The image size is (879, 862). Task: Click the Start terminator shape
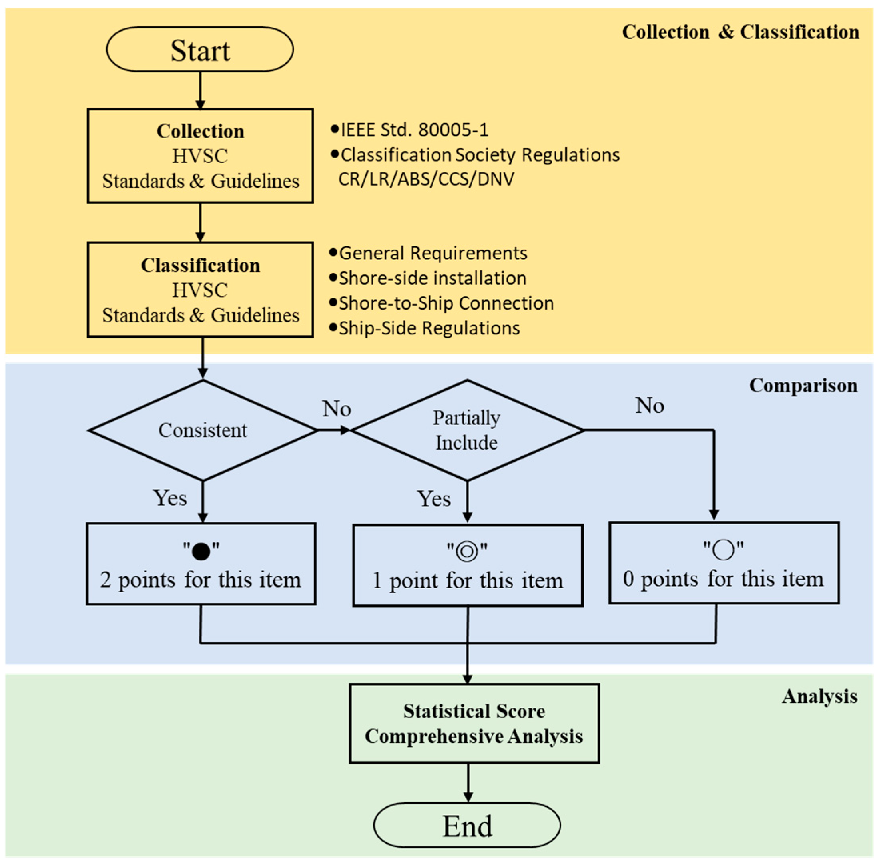coord(199,49)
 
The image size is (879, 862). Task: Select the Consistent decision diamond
coord(203,430)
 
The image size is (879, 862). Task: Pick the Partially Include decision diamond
coord(467,430)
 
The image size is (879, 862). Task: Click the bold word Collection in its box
coord(200,131)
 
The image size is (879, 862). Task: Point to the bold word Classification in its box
coord(200,265)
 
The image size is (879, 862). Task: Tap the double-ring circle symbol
coord(467,552)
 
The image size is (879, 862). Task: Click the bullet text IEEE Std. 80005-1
coord(414,130)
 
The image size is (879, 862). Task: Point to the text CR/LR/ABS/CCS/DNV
coord(426,179)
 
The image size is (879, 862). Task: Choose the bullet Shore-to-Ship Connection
coord(446,303)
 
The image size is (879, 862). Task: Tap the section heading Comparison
coord(803,386)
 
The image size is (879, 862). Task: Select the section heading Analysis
coord(819,696)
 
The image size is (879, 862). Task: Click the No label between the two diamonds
coord(337,409)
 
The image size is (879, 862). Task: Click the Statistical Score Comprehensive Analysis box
coord(474,724)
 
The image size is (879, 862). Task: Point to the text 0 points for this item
coord(723,579)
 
